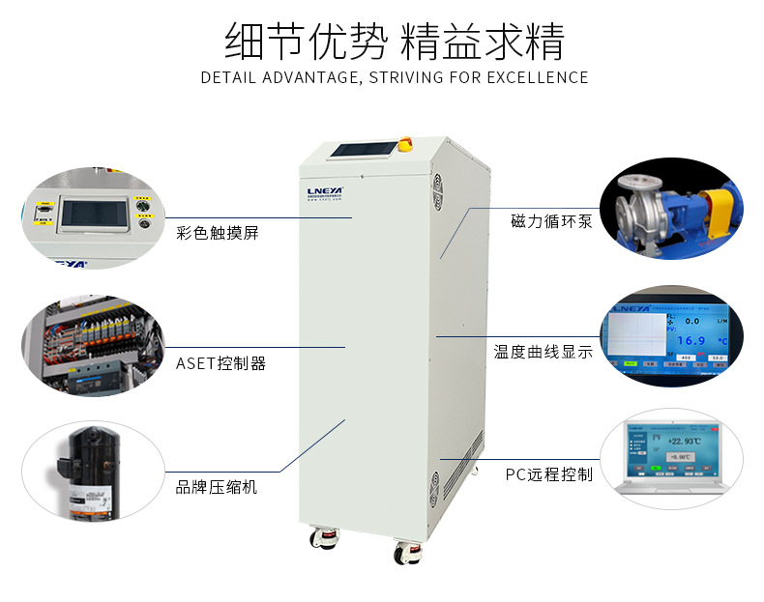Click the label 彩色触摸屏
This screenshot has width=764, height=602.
pos(217,233)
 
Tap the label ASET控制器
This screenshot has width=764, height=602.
pos(220,363)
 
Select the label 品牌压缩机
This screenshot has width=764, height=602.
pos(217,487)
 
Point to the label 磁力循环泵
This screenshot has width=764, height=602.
pos(551,222)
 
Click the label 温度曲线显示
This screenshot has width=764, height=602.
pos(544,353)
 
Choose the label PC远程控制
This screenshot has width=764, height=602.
pos(548,474)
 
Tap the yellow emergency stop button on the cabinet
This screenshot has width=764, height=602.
pos(406,146)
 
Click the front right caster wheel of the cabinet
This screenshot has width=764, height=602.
pos(402,554)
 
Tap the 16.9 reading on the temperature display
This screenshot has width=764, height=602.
pos(691,340)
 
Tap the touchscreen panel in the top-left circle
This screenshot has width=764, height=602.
pos(94,215)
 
